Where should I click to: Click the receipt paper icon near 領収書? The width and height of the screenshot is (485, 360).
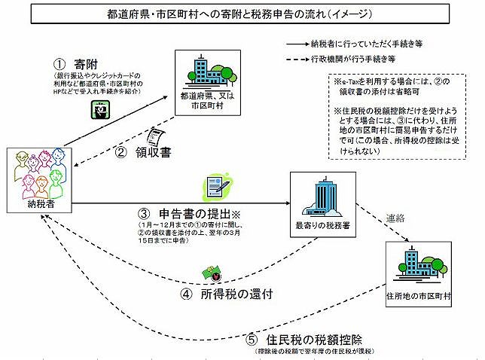157,135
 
